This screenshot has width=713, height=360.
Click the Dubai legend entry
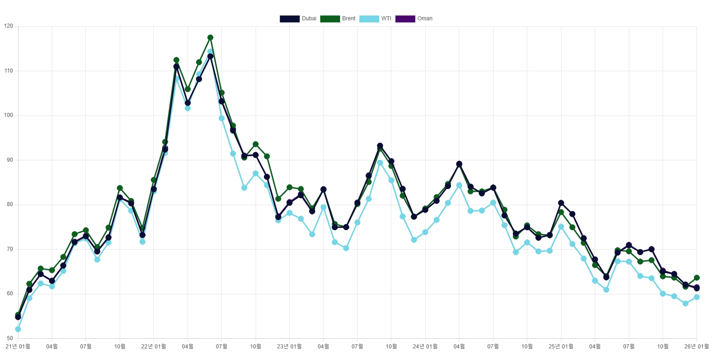coord(298,18)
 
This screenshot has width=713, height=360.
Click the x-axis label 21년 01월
coord(18,346)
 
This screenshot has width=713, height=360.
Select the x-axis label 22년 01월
coord(153,346)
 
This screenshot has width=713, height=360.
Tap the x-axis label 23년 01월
coord(289,346)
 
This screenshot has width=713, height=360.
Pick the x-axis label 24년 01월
coord(425,346)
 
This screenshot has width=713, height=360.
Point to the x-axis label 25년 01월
coord(561,346)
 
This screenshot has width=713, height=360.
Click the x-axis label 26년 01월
coord(696,346)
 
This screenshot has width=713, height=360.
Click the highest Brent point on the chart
coord(210,37)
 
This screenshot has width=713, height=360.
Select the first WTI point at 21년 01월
coord(18,329)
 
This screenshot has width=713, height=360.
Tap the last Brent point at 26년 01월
coord(697,278)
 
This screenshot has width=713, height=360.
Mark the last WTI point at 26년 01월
coord(697,297)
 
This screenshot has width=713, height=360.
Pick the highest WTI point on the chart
coord(210,52)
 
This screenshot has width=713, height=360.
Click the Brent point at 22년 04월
coord(188,89)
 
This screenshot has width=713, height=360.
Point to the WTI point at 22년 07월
coord(222,118)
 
